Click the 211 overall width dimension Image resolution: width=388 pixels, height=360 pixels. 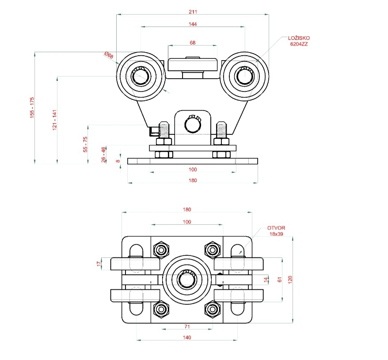coord(192,11)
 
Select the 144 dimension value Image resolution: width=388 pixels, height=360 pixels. coord(192,24)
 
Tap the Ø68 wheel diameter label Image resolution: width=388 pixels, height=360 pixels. coord(109,56)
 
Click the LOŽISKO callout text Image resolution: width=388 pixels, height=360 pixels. coord(299,38)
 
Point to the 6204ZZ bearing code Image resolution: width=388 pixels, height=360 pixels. coord(299,44)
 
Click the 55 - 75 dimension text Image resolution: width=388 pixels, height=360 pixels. coord(86,144)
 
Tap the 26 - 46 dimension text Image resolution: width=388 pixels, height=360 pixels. coord(103,155)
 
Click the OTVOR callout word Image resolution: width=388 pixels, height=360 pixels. coord(276,228)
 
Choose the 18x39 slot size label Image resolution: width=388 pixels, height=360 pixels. coord(278,234)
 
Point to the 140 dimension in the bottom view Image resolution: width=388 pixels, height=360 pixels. coord(187,337)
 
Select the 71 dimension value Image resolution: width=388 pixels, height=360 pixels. coord(187,326)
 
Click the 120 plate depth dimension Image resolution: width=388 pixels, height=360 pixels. coord(290,280)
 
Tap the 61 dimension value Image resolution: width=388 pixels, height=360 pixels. coord(279,280)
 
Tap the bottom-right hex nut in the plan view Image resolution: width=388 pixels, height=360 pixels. coord(213,309)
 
